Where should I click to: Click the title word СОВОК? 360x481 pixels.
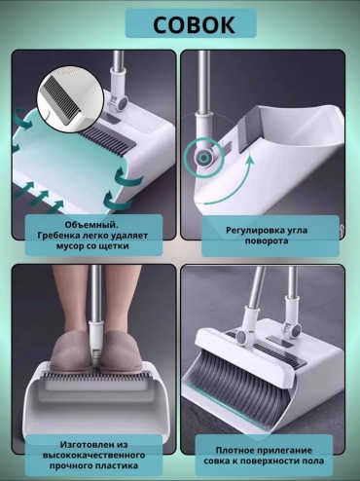(x=194, y=25)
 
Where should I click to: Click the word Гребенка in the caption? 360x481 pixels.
(x=56, y=236)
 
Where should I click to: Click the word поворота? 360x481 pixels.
(x=267, y=241)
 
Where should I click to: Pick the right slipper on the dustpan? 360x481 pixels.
(x=122, y=351)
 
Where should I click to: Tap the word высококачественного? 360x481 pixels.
(x=93, y=455)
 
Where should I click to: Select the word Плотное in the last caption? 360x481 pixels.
(x=234, y=450)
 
